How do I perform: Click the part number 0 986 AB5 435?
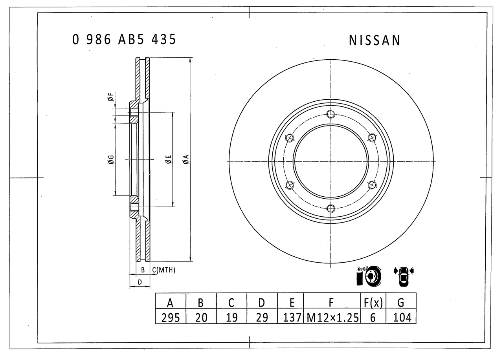tap(124, 40)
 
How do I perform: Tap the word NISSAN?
tap(374, 40)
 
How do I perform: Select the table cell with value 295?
tap(171, 317)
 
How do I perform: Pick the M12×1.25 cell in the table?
tap(332, 317)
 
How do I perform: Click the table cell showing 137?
tap(291, 317)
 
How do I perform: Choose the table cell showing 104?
tap(401, 317)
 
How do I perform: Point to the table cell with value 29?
tap(262, 317)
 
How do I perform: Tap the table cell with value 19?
tap(232, 317)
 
